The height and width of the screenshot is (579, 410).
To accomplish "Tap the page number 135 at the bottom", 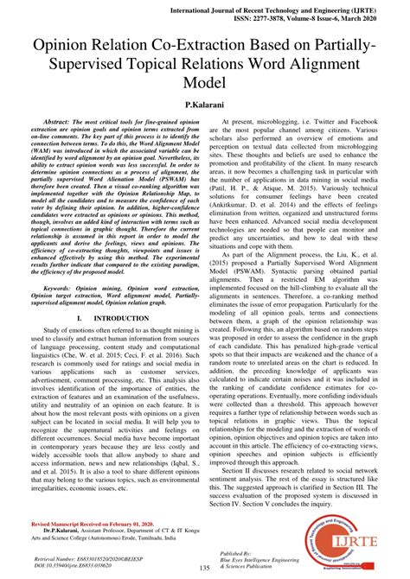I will pos(205,569).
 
